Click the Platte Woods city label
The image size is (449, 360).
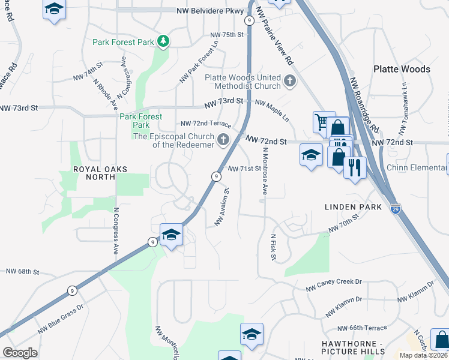(402, 69)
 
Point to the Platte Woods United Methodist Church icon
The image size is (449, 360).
(290, 80)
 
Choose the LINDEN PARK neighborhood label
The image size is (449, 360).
(353, 207)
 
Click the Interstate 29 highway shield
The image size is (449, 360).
(395, 208)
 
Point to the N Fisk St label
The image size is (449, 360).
(273, 247)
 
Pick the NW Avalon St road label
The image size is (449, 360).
(222, 208)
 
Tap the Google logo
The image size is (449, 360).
(20, 353)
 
